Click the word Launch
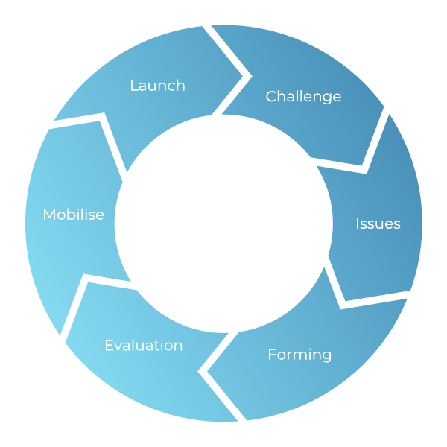pyautogui.click(x=157, y=86)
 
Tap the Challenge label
pyautogui.click(x=303, y=96)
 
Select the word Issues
pyautogui.click(x=378, y=223)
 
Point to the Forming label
pyautogui.click(x=299, y=355)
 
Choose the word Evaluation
pyautogui.click(x=143, y=346)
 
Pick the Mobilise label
pyautogui.click(x=73, y=215)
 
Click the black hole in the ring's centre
pyautogui.click(x=223, y=223)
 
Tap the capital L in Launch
pyautogui.click(x=133, y=86)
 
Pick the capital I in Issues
pyautogui.click(x=358, y=223)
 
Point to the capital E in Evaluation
pyautogui.click(x=109, y=346)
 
